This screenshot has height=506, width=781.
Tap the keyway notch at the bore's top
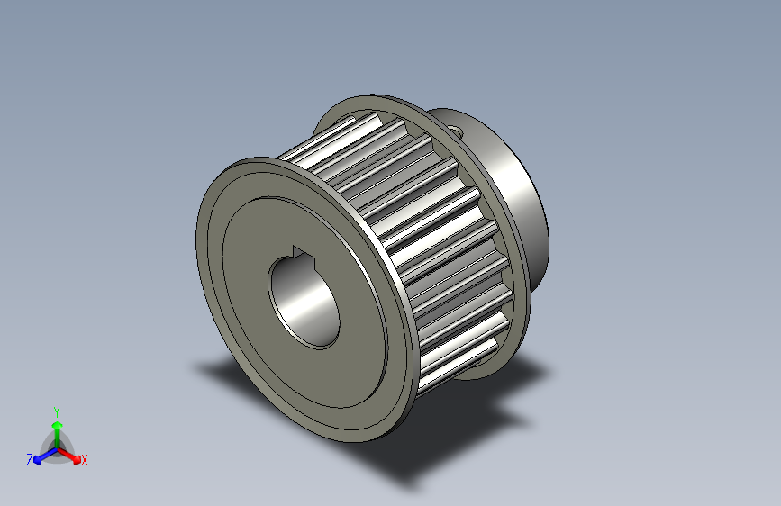click(x=300, y=253)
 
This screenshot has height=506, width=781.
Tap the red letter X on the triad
click(x=85, y=461)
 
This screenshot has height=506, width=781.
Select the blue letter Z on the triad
click(x=29, y=459)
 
